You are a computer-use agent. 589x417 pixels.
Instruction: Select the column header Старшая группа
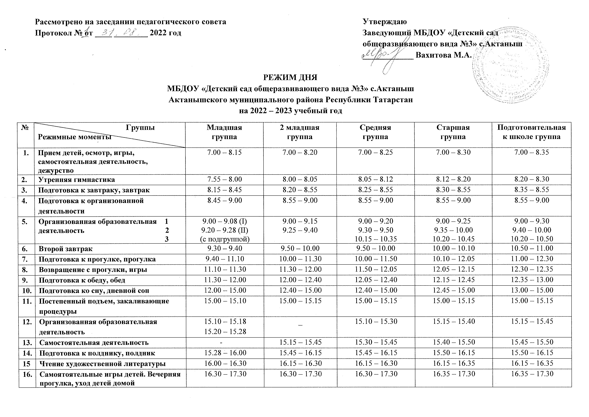[453, 132]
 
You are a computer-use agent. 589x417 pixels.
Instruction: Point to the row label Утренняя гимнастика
[76, 179]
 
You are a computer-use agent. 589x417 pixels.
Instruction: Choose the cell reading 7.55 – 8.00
[225, 179]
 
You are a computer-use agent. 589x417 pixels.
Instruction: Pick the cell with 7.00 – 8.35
[532, 152]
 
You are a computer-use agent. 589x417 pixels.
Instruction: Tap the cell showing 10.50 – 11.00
[532, 248]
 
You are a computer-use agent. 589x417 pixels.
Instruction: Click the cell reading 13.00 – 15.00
[532, 290]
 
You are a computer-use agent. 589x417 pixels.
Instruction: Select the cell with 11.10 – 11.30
[225, 269]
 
